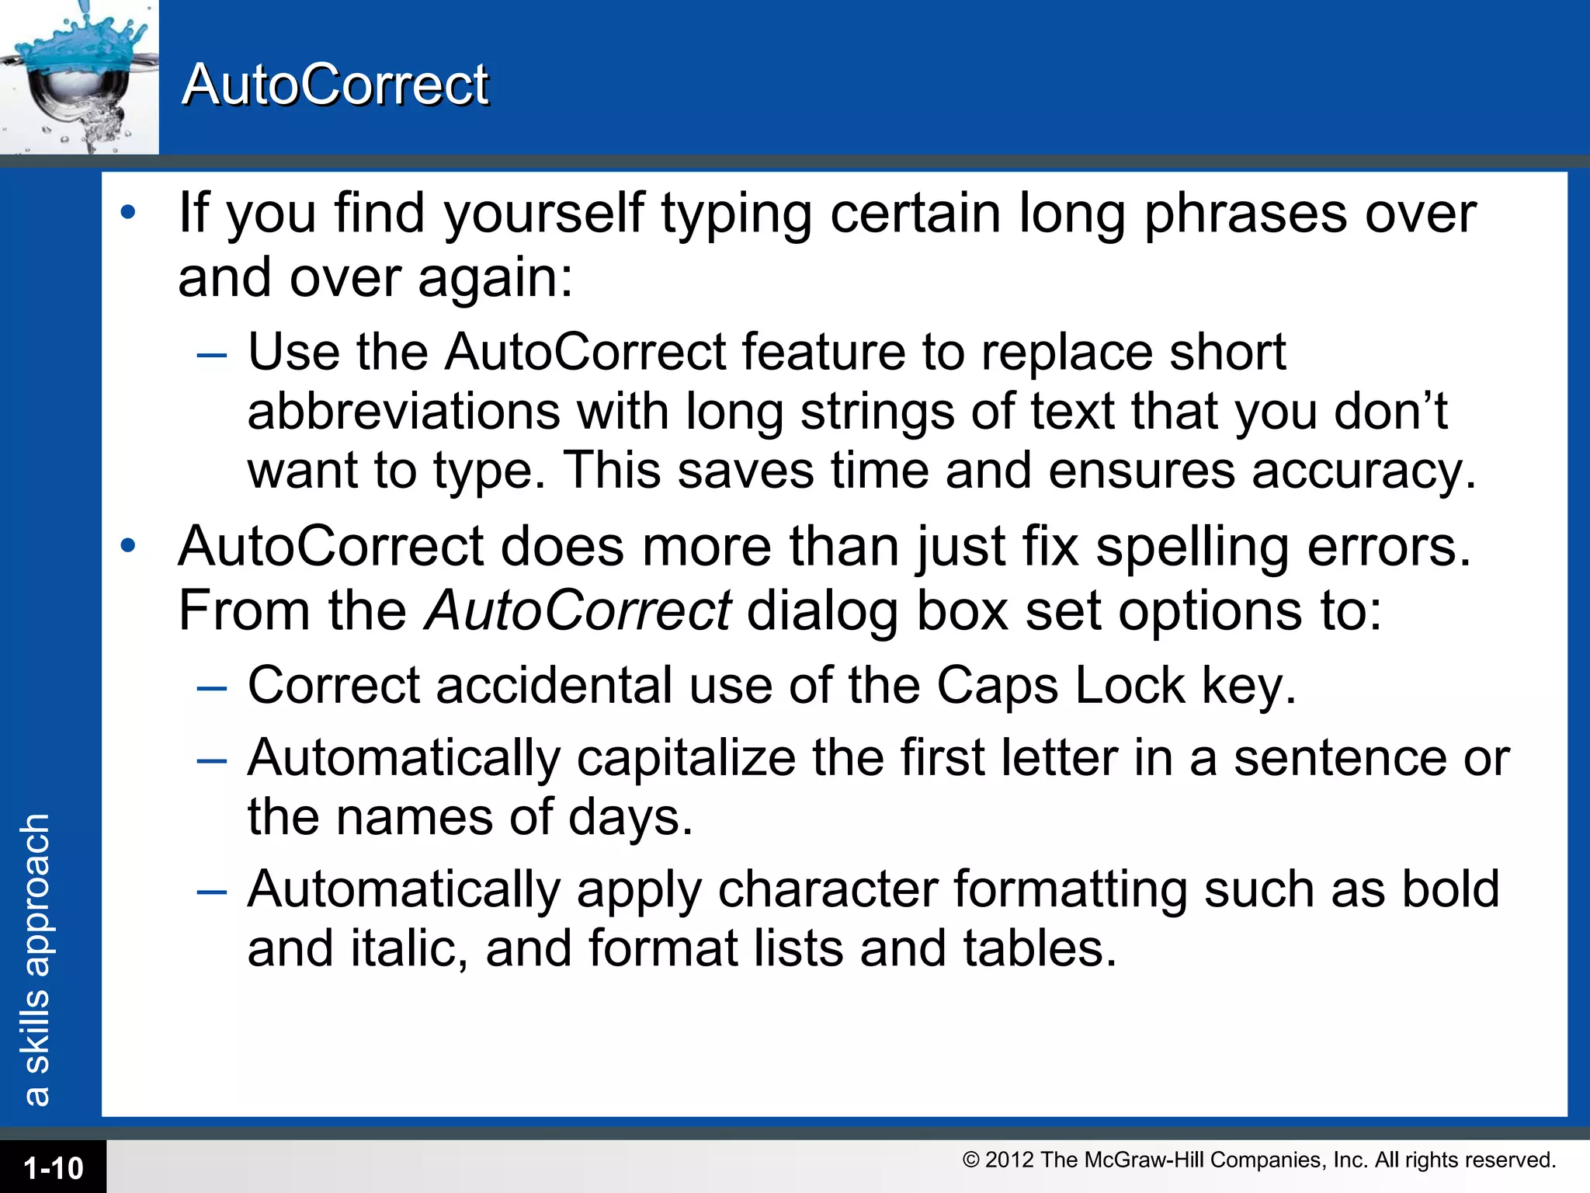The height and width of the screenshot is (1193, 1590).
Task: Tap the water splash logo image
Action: [78, 76]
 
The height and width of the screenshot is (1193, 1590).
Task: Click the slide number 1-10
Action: [53, 1168]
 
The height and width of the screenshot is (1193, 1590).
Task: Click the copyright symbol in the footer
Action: [970, 1160]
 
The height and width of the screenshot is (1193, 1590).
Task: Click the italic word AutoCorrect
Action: [578, 610]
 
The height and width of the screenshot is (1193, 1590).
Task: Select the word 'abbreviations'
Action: [404, 412]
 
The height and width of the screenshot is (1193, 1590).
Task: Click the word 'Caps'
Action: [997, 686]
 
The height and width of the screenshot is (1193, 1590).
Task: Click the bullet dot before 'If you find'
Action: [128, 211]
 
